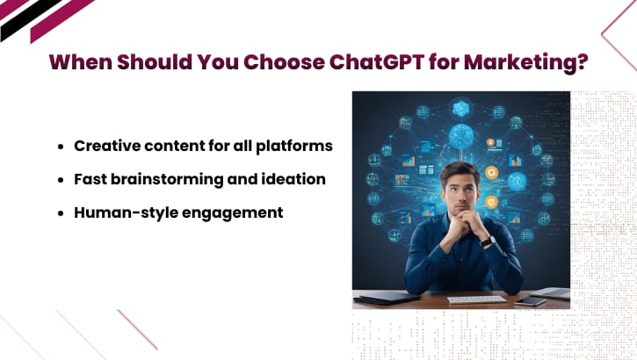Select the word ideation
pos(294,179)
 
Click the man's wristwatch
pos(487,241)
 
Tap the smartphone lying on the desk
pos(531,301)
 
